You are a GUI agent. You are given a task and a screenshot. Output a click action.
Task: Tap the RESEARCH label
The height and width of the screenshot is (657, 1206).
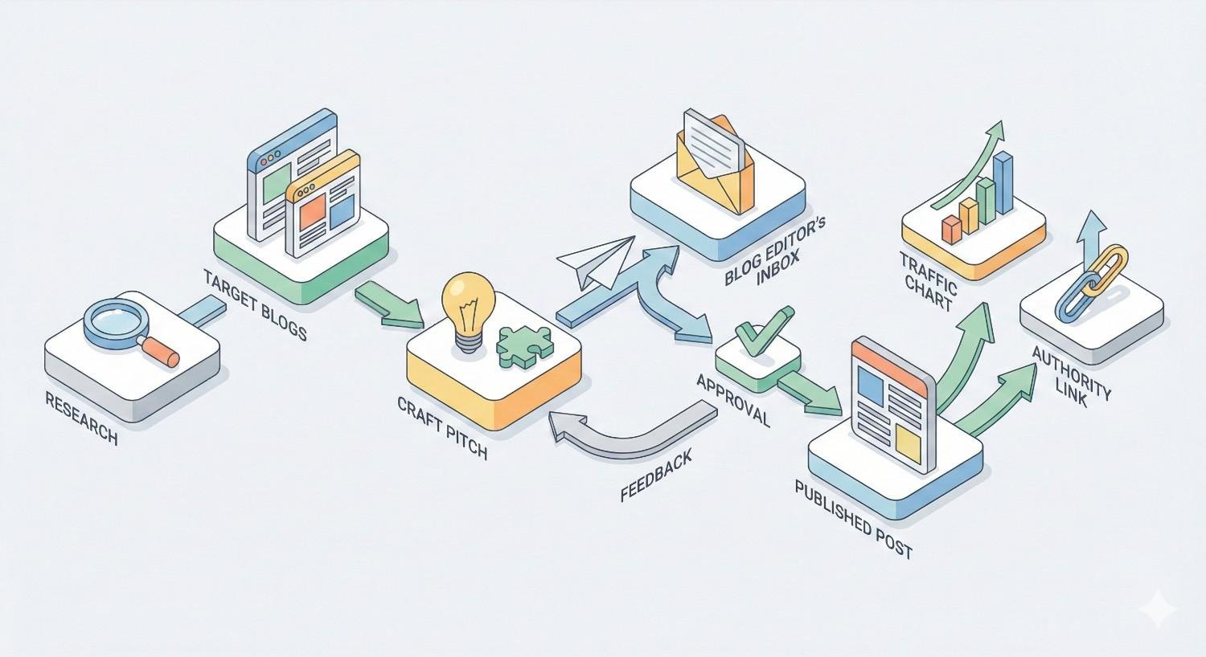[x=81, y=418]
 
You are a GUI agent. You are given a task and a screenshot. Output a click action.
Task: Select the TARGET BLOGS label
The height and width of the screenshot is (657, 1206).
[x=255, y=305]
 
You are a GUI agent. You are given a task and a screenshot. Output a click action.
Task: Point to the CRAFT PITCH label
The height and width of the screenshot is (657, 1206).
[x=442, y=426]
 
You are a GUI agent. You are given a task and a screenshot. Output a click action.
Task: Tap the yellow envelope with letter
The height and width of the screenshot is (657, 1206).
[x=715, y=161]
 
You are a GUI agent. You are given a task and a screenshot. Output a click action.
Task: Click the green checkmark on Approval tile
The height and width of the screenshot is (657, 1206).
[x=760, y=333]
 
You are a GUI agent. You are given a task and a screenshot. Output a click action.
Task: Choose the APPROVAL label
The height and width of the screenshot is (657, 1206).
[x=732, y=400]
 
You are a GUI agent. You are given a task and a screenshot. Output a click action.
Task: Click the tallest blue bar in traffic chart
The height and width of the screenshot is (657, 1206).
[x=1003, y=184]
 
